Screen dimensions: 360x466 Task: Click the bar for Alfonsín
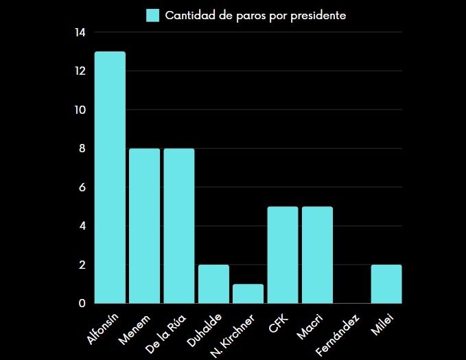pos(110,178)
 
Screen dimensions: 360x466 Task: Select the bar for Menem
pos(144,226)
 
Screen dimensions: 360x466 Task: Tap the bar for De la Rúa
pos(179,226)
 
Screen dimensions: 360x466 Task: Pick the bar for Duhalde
pos(213,284)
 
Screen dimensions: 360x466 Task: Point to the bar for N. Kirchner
pos(248,293)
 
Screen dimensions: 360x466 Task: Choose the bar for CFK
pos(283,255)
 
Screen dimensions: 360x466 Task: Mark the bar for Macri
pos(317,255)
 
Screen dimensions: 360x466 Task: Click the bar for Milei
pos(386,284)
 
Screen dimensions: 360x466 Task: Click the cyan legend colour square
pos(153,15)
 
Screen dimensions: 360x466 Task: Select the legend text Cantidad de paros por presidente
pos(255,15)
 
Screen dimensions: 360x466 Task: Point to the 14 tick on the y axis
pos(80,32)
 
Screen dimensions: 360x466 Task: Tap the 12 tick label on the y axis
pos(80,71)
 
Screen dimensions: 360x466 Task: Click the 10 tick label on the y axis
pos(80,110)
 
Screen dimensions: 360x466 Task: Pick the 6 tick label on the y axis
pos(82,187)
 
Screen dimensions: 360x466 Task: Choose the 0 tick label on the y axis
pos(82,303)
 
